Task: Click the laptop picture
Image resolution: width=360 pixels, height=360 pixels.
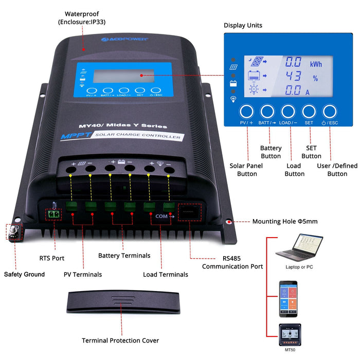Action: click(299, 248)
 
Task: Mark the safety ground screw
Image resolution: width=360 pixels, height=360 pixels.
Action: click(14, 231)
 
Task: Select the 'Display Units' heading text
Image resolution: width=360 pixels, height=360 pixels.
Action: click(243, 25)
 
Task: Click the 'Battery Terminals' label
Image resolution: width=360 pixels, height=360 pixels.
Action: click(124, 256)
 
